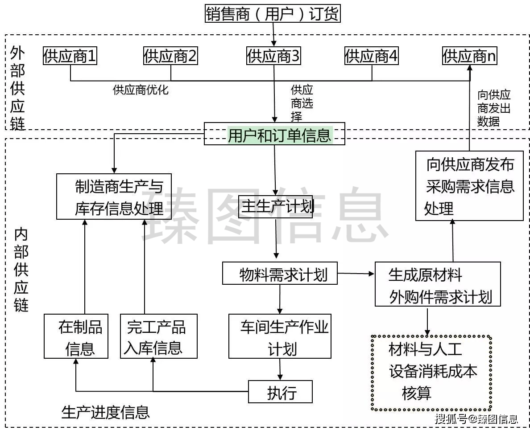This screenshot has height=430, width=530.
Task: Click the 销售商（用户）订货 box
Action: [273, 14]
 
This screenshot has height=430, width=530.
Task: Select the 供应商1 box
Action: [70, 56]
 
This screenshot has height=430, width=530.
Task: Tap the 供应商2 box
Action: [170, 56]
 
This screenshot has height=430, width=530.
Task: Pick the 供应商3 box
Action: [273, 56]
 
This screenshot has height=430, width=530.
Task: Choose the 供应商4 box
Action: [371, 56]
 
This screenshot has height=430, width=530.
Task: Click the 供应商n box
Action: [470, 56]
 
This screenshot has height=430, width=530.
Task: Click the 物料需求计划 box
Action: [280, 273]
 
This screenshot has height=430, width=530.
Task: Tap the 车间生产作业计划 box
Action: [280, 336]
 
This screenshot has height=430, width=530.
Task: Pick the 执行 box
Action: [280, 392]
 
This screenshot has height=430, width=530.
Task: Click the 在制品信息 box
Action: [76, 336]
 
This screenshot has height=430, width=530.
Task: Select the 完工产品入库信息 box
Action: [159, 336]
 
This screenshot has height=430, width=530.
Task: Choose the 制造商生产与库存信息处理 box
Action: [114, 197]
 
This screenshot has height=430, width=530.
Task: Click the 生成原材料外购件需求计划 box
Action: [438, 284]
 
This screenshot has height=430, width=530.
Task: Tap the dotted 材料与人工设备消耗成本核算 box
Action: [431, 373]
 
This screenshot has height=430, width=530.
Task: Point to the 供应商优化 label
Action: [141, 90]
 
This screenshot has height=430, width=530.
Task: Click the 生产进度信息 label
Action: [105, 412]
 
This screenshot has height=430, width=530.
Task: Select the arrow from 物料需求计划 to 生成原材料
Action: [356, 273]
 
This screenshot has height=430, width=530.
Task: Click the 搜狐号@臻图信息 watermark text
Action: [476, 419]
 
